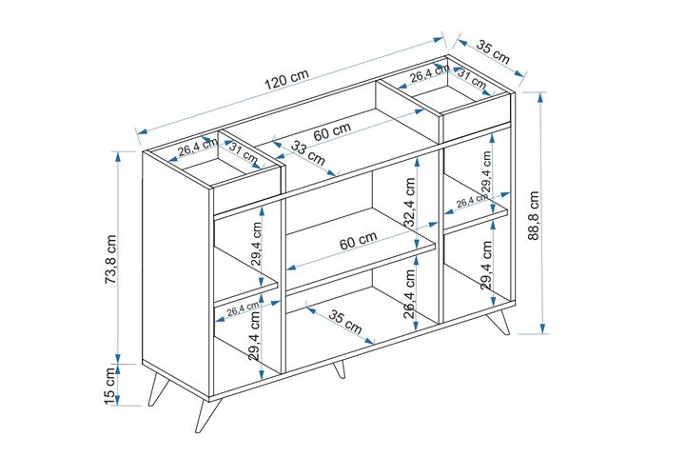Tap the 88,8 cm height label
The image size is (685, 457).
(536, 216)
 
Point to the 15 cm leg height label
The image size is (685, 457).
(109, 386)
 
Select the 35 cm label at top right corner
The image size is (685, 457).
(493, 53)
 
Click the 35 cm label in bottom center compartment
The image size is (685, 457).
(346, 322)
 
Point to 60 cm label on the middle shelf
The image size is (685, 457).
(359, 243)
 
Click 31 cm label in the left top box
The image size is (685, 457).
(243, 154)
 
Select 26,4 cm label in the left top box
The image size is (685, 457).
(197, 148)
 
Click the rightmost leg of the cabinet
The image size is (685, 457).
(500, 322)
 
